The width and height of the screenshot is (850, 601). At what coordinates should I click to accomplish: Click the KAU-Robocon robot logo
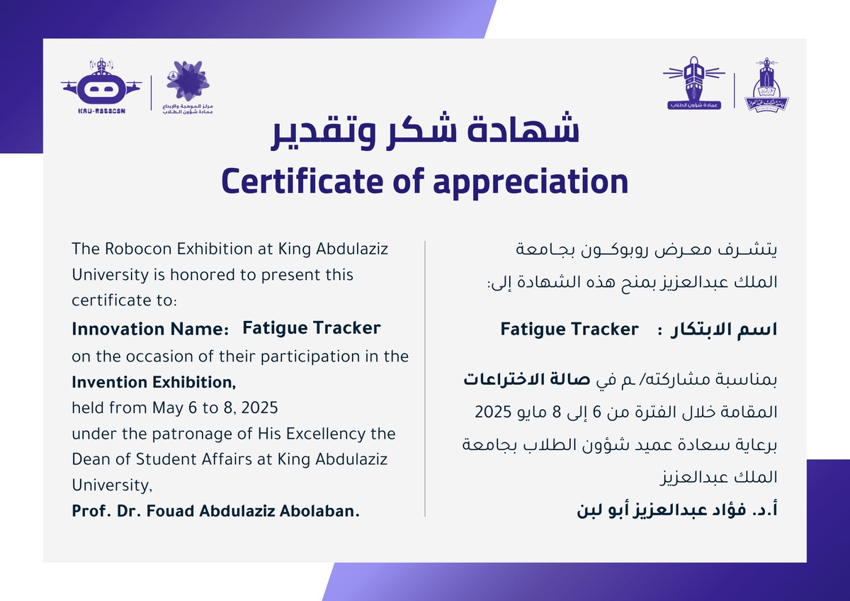pos(99,89)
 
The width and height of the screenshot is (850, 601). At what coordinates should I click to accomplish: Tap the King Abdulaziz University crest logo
pos(766,85)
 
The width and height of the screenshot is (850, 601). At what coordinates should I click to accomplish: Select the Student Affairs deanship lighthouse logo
pos(693,84)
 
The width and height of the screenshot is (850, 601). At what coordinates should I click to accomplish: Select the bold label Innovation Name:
pos(151,330)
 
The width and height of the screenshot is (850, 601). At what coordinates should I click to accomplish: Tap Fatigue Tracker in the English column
pos(312,328)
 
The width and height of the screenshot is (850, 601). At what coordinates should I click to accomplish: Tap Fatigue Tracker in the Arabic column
pos(569,330)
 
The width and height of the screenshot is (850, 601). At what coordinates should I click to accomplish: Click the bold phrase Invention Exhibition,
pos(154,383)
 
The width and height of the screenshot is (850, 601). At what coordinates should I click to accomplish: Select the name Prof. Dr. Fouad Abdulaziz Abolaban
pos(215,511)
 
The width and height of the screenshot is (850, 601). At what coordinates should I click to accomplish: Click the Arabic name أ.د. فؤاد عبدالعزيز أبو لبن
pos(679,510)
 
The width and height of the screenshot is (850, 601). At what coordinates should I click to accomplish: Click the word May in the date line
pos(167,409)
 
